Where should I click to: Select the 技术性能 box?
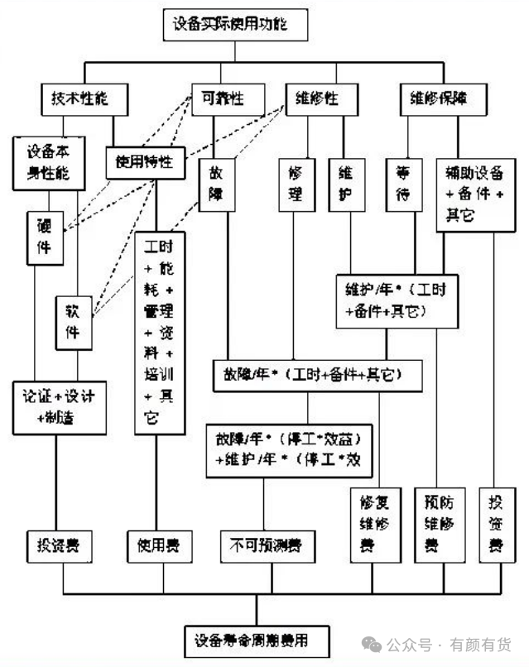pyautogui.click(x=85, y=99)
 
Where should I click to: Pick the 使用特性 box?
pyautogui.click(x=145, y=161)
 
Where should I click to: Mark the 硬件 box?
pyautogui.click(x=44, y=237)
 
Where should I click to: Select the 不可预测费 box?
pyautogui.click(x=264, y=545)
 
